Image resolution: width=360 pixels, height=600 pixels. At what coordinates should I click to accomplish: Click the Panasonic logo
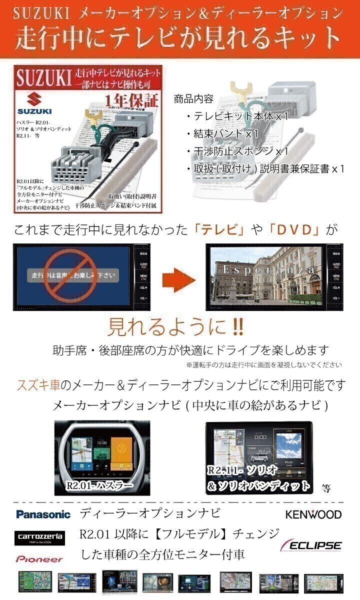pyautogui.click(x=43, y=514)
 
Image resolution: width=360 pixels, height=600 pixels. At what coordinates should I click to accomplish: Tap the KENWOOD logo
pyautogui.click(x=313, y=514)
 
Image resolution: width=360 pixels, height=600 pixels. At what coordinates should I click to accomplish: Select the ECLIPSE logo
pyautogui.click(x=311, y=544)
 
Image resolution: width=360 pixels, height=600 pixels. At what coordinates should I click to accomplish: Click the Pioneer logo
pyautogui.click(x=39, y=559)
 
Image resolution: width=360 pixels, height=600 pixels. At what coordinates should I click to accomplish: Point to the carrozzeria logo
pyautogui.click(x=39, y=537)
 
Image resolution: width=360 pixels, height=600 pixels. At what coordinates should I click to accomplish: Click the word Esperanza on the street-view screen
pyautogui.click(x=268, y=270)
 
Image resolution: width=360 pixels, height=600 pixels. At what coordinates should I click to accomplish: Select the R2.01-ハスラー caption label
pyautogui.click(x=99, y=486)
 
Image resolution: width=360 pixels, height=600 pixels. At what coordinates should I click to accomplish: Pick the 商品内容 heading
pyautogui.click(x=193, y=99)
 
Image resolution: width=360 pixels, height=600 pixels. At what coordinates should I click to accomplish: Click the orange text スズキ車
pyautogui.click(x=38, y=385)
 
